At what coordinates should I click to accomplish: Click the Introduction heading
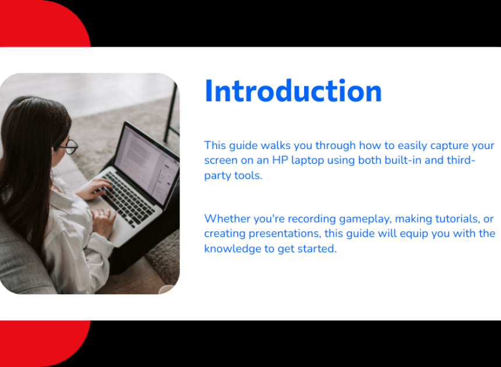coord(293,91)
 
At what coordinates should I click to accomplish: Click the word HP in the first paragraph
coord(280,160)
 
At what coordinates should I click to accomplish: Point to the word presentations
coord(285,234)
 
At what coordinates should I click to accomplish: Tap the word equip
coord(414,234)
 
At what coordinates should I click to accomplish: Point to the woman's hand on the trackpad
coord(103,221)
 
